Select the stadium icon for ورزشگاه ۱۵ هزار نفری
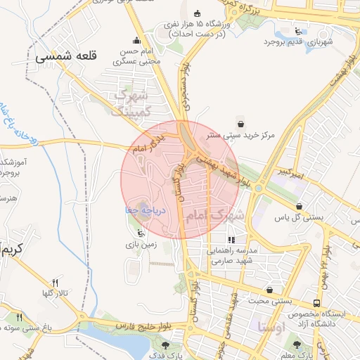(197, 13)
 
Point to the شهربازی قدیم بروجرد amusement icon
(299, 31)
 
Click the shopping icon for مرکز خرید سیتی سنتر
(241, 120)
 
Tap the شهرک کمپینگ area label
(132, 102)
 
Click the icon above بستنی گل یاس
(300, 206)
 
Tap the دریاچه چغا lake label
(144, 209)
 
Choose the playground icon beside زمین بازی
(141, 233)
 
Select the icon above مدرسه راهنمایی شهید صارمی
(232, 240)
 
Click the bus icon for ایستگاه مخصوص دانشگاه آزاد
(317, 302)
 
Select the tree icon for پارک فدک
(166, 345)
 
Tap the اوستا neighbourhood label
(271, 327)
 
